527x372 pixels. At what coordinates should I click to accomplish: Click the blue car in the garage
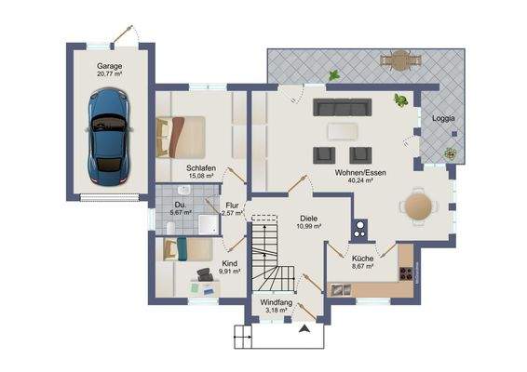109,137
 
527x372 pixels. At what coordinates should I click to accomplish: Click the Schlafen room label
201,166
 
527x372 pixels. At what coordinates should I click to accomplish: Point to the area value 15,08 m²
201,176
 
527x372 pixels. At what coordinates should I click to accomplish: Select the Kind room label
229,263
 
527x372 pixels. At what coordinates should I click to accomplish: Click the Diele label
308,218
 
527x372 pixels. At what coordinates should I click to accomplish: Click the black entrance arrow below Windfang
304,327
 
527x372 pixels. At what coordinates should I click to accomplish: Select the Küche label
362,258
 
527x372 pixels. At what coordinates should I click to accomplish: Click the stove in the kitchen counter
406,273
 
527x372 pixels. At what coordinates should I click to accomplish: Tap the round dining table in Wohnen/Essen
418,206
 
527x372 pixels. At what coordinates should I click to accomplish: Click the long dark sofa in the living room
351,108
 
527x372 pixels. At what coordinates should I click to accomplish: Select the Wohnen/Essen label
356,172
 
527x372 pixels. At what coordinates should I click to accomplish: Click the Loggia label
443,118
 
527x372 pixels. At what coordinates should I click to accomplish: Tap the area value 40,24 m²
356,181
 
